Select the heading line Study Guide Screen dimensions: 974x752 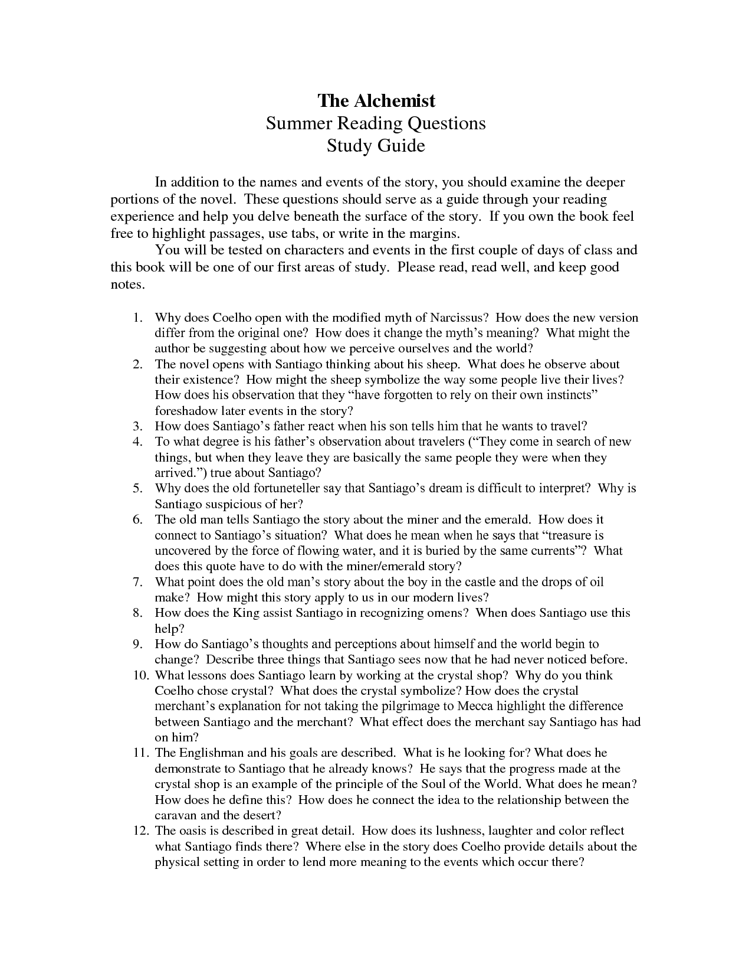point(376,145)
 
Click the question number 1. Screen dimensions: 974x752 point(137,318)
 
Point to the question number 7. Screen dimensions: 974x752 point(137,582)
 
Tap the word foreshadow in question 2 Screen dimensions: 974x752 point(186,411)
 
